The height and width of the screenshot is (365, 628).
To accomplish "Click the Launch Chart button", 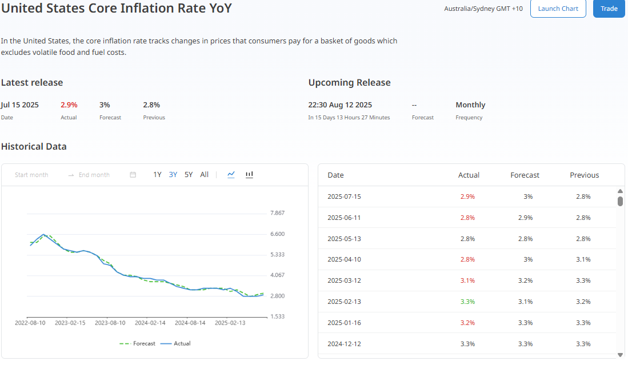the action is coord(558,9).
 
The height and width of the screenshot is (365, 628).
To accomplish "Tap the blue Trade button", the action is coord(609,9).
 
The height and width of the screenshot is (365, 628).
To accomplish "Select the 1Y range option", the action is coord(157,174).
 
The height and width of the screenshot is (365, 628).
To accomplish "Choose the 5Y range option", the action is coord(189,174).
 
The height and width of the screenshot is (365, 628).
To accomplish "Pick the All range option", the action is coord(204,174).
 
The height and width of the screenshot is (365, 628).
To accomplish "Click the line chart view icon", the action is coord(231,174).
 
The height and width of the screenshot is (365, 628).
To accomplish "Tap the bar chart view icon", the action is coord(249,174).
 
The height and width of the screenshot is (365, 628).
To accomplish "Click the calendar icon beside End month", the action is coord(133,174).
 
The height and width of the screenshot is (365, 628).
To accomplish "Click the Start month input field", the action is coord(31,175).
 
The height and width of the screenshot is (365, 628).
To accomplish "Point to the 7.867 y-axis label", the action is coord(278,213).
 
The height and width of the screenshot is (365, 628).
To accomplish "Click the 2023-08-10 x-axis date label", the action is coord(110,323).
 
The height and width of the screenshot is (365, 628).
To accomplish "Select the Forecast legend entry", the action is coord(137,343).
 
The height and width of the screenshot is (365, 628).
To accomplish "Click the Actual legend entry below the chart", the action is coord(175,343).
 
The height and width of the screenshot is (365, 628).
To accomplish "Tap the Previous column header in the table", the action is coord(585,175).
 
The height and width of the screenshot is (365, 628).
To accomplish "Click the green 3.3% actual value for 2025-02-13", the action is coord(467,302).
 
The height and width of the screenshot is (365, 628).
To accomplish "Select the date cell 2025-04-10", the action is coord(344,259).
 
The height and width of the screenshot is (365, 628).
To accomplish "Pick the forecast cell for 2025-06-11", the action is coord(526,218).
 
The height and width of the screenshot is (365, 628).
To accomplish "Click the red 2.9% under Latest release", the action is coord(69,105).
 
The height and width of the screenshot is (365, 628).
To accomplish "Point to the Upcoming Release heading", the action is coord(349,82).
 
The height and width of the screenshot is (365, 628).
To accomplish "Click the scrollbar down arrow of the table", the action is coord(620,355).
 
